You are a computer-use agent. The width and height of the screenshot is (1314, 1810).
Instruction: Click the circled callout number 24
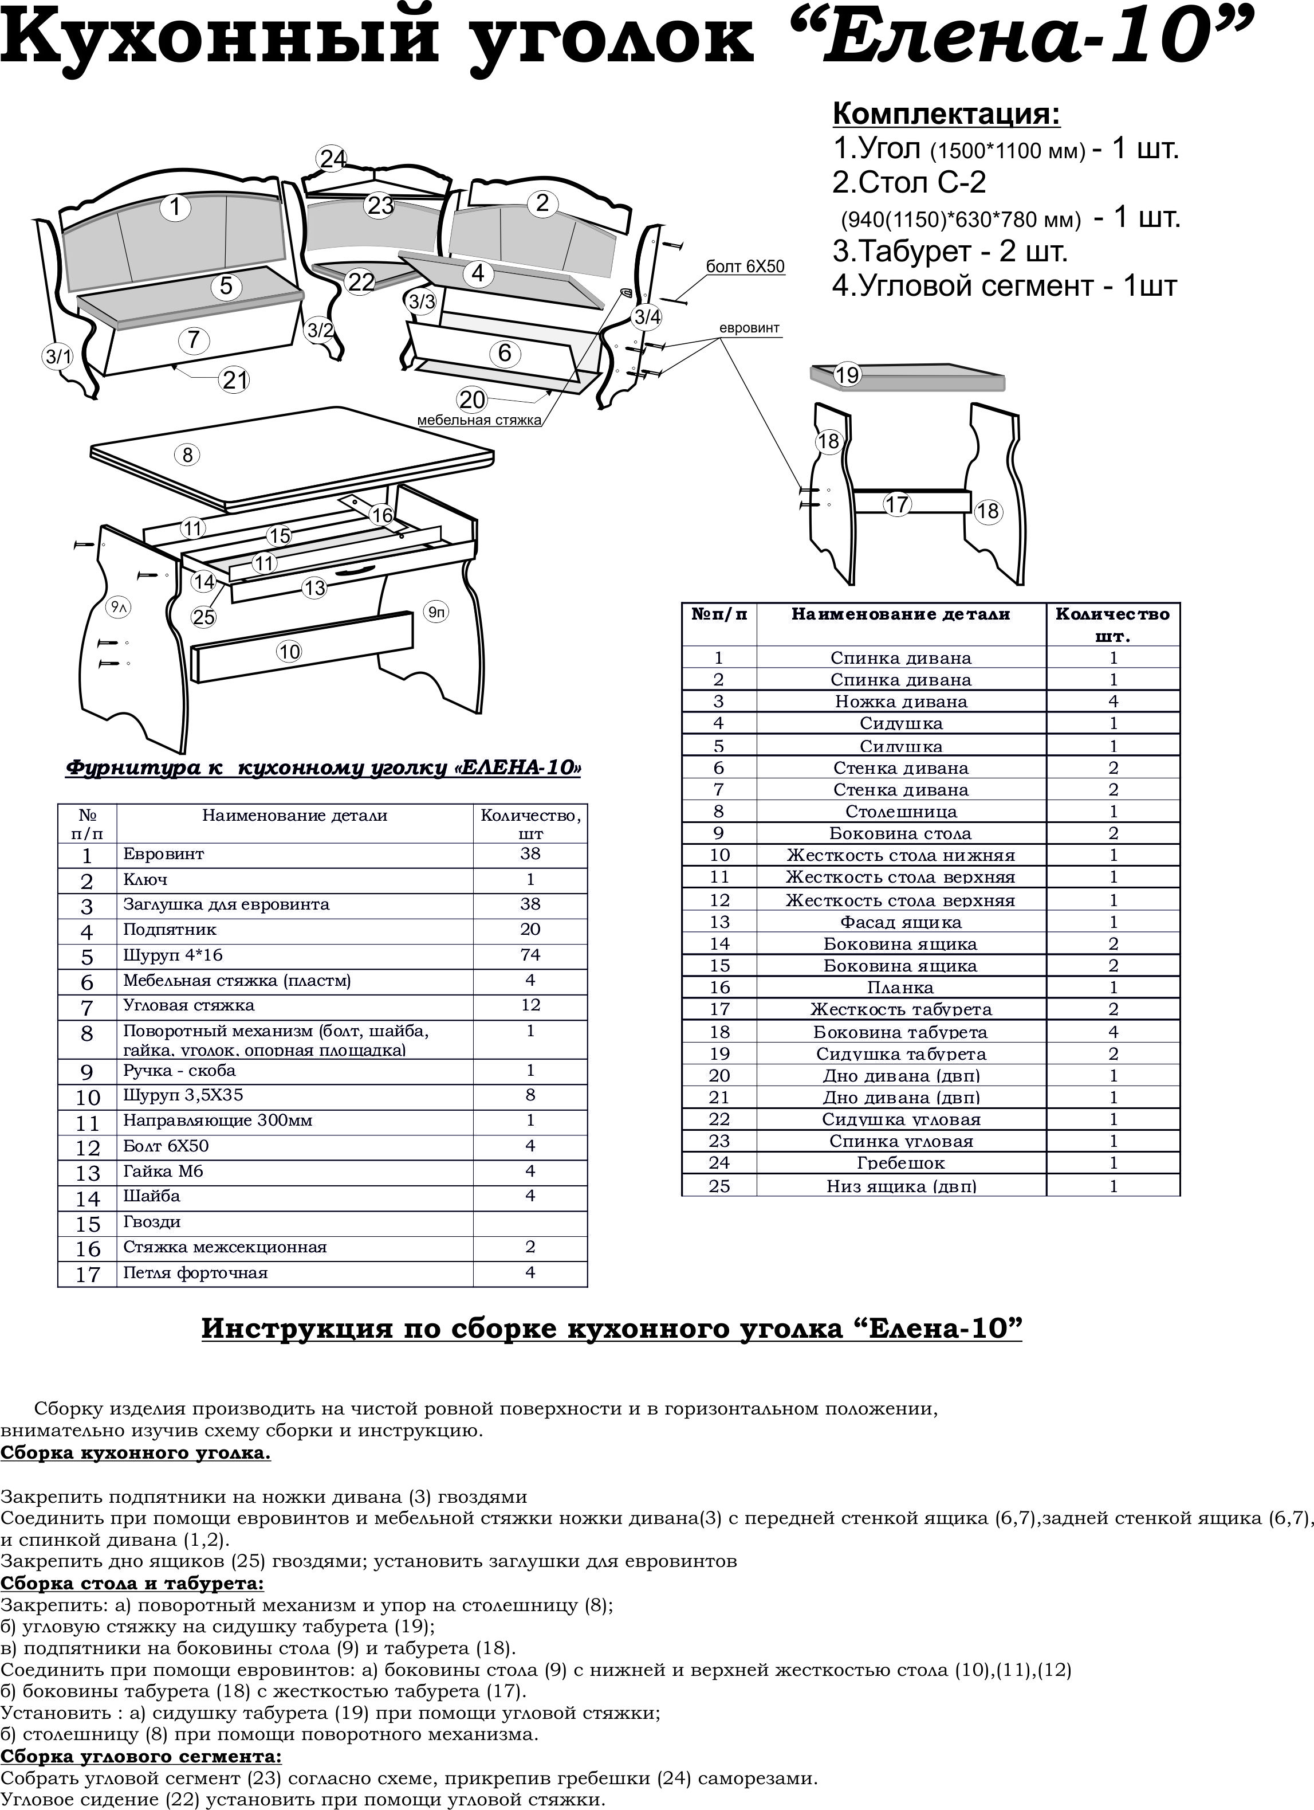[333, 159]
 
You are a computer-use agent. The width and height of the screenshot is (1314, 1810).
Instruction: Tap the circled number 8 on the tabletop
[187, 455]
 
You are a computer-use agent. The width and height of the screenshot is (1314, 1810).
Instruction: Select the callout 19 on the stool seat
[847, 374]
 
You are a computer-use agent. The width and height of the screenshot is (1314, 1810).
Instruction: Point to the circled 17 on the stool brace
[898, 504]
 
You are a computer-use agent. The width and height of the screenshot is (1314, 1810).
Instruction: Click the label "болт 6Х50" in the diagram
[745, 267]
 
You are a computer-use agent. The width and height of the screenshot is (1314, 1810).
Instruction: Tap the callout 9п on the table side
[436, 612]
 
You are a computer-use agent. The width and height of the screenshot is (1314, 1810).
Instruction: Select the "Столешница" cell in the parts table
[901, 812]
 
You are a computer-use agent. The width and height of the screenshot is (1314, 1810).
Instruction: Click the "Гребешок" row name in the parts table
[901, 1163]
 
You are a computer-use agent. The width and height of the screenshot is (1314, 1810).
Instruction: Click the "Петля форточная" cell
[195, 1273]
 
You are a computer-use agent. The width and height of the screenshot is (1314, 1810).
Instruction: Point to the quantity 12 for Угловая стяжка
[530, 1005]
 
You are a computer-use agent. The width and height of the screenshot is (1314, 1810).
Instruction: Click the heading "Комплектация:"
[946, 114]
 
